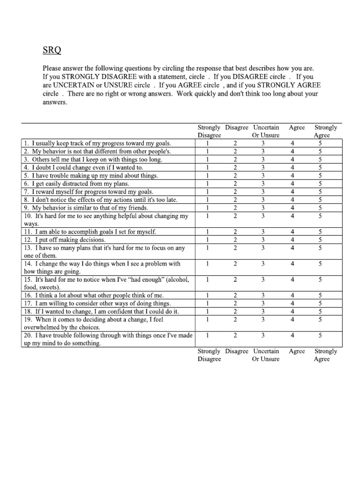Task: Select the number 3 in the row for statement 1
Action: point(263,143)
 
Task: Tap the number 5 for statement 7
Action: point(320,191)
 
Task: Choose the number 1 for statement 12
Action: point(207,240)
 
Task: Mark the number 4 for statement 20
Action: point(293,335)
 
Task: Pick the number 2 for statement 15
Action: point(235,279)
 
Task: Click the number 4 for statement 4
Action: point(293,167)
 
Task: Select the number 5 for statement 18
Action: point(320,311)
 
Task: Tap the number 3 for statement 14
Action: point(263,264)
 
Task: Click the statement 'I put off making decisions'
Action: point(70,240)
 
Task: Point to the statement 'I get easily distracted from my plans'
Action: point(76,183)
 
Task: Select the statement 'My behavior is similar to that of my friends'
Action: point(86,207)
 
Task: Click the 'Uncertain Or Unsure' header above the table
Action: point(266,131)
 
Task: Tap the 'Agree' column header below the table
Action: point(297,351)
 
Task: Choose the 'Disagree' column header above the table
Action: point(237,127)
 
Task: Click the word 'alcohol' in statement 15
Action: point(178,279)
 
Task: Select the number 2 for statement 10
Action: point(235,216)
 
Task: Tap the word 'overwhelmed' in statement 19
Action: point(42,327)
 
